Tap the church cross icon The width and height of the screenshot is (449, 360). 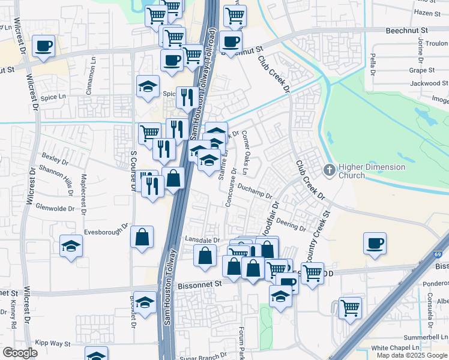(x=329, y=170)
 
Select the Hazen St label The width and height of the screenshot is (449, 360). (x=427, y=13)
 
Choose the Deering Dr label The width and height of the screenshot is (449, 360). (x=291, y=225)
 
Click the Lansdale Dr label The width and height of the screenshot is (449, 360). (x=203, y=239)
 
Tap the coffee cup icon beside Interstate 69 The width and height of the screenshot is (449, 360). (x=375, y=243)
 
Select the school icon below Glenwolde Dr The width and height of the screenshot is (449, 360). (x=71, y=246)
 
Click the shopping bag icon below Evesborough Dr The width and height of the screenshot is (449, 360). (x=142, y=237)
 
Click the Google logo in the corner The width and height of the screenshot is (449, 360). (x=20, y=352)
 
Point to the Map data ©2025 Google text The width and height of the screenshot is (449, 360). (x=412, y=355)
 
